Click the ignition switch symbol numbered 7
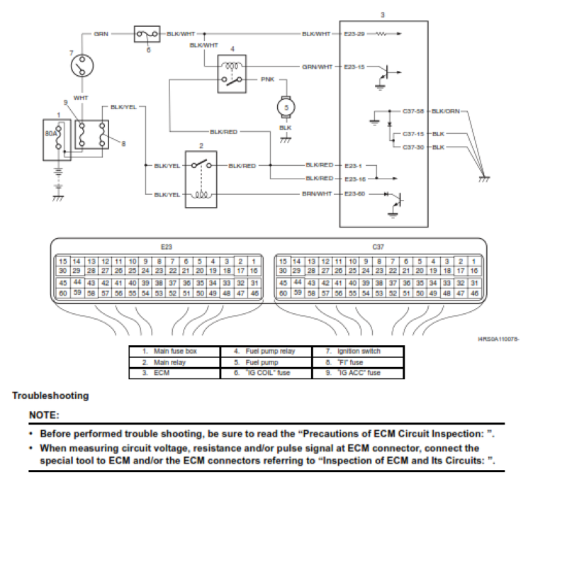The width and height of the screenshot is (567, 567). tap(81, 67)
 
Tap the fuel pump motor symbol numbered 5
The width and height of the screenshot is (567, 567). tap(287, 106)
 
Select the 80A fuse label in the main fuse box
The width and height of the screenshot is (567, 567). tap(52, 132)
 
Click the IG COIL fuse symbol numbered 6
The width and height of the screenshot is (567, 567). tap(147, 34)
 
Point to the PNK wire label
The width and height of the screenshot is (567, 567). tap(268, 80)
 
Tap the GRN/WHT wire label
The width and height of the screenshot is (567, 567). tap(317, 67)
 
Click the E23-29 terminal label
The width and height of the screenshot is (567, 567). tap(354, 33)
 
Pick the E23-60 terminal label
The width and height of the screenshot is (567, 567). tap(354, 193)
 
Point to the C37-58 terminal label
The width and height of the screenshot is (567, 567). tap(412, 111)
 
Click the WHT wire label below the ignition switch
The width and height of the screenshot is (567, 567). tap(81, 98)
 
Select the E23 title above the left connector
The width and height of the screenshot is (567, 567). tap(167, 247)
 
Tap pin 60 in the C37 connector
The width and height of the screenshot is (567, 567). tap(282, 293)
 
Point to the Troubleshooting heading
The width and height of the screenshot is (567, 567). tap(50, 395)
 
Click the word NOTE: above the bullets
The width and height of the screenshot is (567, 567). tap(44, 414)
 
